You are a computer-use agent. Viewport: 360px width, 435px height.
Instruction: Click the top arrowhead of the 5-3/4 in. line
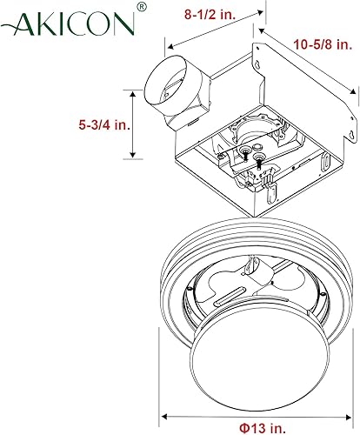[x=133, y=90]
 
